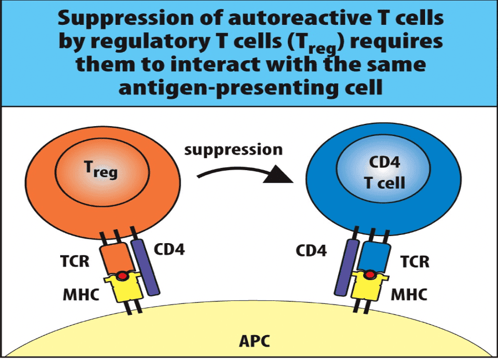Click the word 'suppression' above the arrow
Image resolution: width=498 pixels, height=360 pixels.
point(233,150)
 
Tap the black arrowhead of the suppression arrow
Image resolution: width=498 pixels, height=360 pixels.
point(277,175)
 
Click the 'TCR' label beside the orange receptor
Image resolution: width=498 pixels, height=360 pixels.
point(75,261)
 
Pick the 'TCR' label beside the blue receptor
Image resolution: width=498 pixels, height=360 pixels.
point(415,261)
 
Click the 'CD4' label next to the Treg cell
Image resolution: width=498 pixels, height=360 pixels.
point(169,251)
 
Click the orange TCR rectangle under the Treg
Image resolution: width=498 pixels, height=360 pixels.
point(116,258)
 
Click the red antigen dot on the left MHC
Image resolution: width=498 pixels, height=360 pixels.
point(122,276)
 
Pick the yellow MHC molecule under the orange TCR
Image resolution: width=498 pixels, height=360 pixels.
point(123,289)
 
